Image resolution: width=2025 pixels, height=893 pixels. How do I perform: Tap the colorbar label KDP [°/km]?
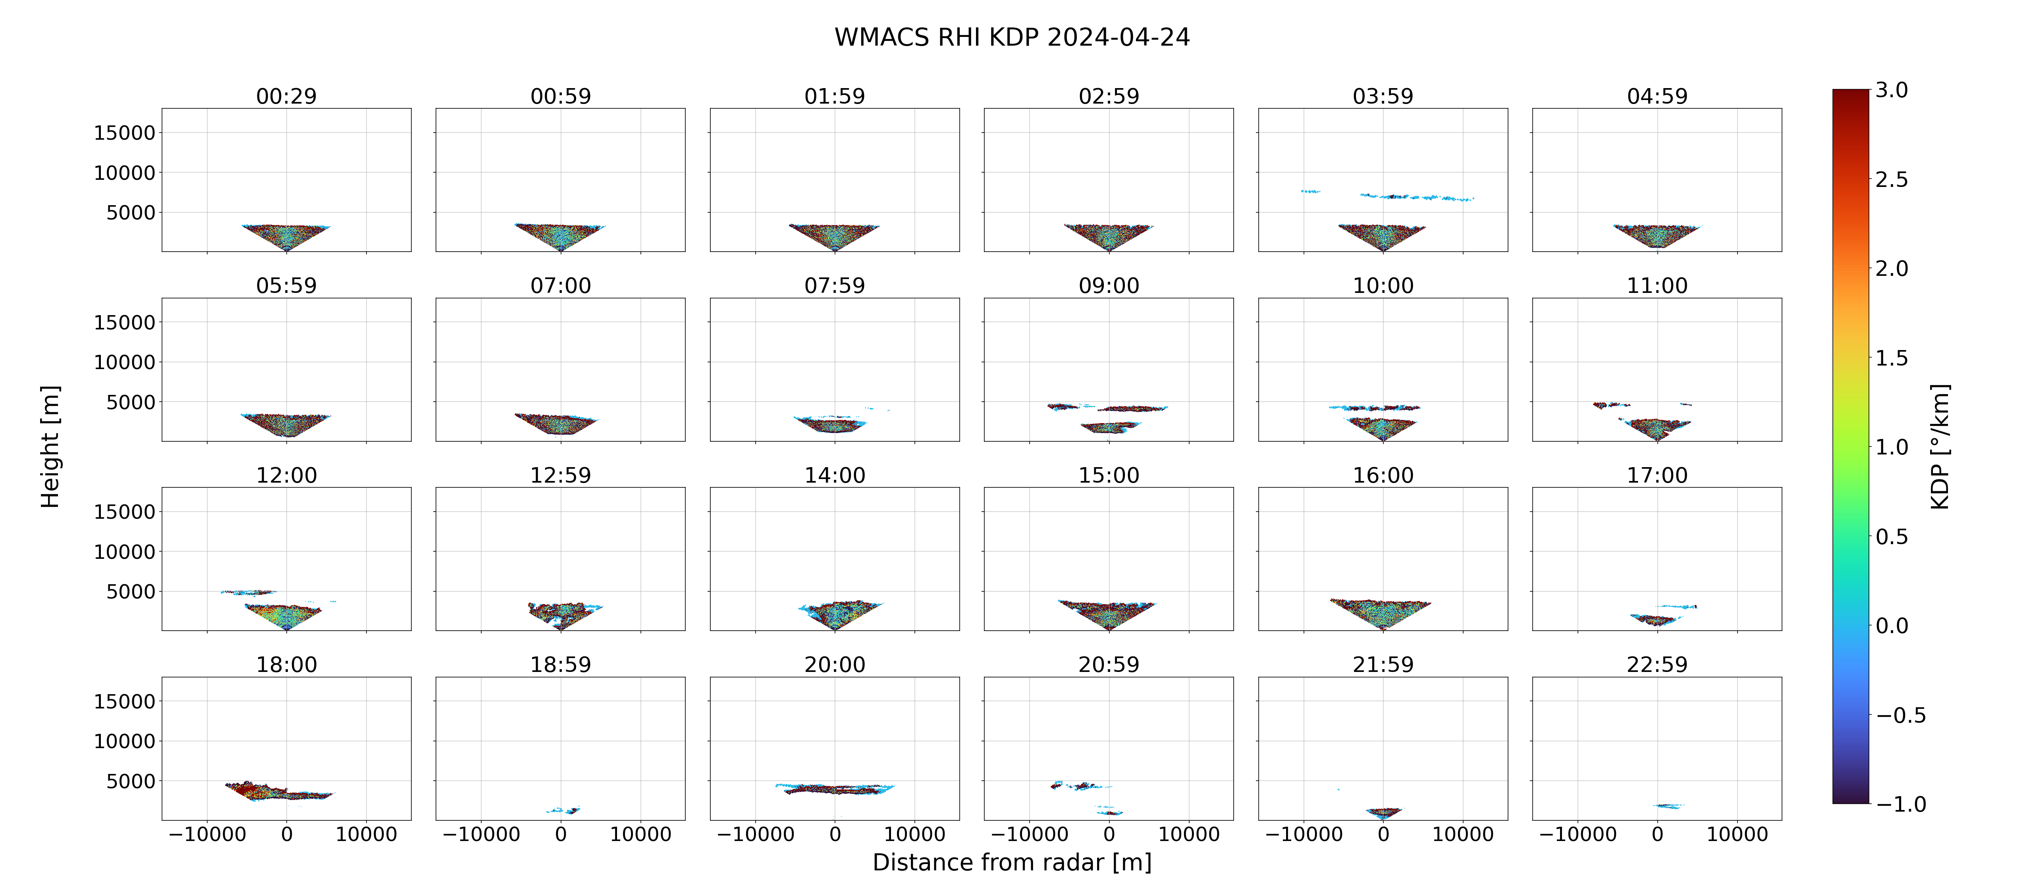click(x=1940, y=446)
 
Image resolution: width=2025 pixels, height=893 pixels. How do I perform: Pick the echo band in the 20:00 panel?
click(x=835, y=789)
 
